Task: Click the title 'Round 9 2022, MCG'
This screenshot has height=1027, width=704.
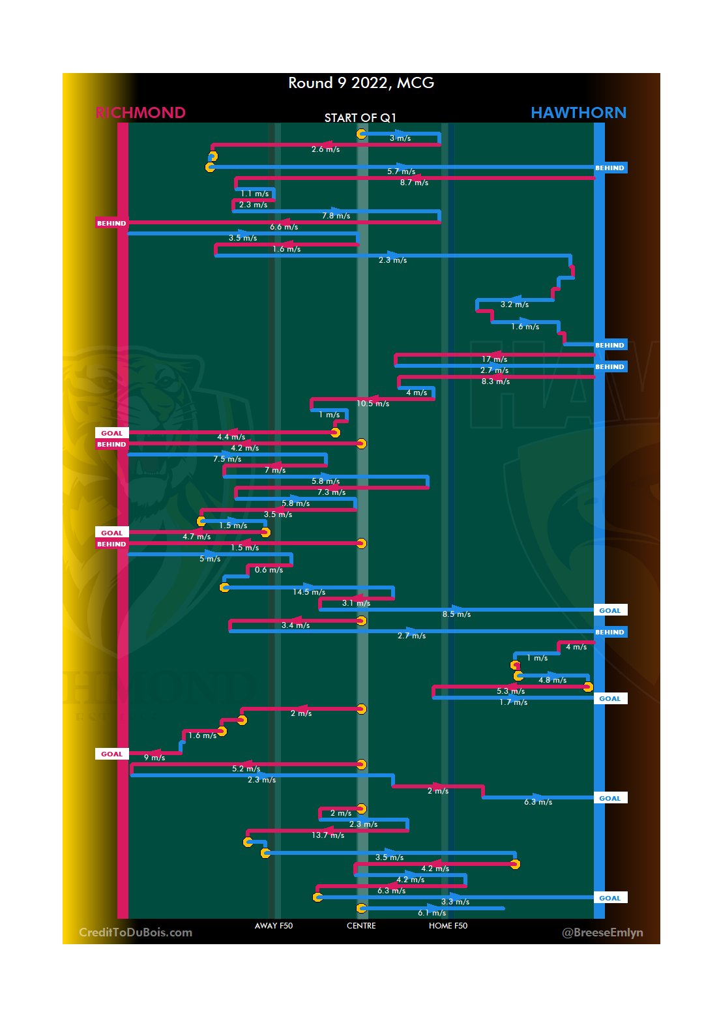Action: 361,83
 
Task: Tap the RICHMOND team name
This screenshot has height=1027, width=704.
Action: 141,113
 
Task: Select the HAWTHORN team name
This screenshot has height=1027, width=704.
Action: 578,113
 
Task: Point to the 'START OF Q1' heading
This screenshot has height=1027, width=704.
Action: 360,118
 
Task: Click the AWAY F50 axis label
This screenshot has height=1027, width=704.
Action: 274,926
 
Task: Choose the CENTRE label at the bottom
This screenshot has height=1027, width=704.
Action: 361,926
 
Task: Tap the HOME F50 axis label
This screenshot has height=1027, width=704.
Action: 448,926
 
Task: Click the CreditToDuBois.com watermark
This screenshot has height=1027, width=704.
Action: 136,932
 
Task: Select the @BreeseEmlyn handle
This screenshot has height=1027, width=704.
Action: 602,932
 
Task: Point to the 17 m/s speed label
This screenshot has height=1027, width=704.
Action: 495,359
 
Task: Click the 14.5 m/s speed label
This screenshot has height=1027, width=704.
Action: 309,592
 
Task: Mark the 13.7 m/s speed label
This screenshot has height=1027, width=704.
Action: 328,835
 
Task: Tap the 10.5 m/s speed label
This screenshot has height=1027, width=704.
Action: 373,404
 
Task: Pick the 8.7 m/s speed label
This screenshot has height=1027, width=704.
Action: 415,183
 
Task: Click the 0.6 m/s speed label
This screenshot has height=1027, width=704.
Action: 269,570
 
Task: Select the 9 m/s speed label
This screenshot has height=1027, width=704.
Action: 154,758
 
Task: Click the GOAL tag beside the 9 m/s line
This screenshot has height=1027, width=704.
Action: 111,754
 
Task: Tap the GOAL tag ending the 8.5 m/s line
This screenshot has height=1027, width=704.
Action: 610,610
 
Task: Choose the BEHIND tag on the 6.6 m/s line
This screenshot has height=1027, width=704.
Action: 111,223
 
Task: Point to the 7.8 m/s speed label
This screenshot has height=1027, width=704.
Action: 336,216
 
